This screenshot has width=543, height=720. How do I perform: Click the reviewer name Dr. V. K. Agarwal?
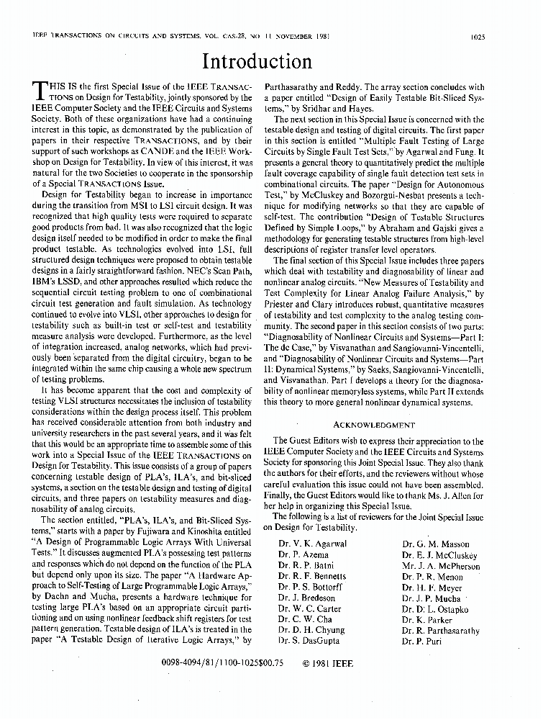pyautogui.click(x=312, y=544)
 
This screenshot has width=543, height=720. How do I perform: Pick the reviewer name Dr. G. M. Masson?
pyautogui.click(x=436, y=544)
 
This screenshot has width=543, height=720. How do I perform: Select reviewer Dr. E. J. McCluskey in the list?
pyautogui.click(x=439, y=555)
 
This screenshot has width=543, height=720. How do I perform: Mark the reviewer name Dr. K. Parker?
pyautogui.click(x=427, y=619)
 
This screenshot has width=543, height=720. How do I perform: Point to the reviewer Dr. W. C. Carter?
pyautogui.click(x=309, y=608)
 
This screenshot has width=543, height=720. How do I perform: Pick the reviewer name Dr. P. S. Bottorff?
pyautogui.click(x=310, y=587)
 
